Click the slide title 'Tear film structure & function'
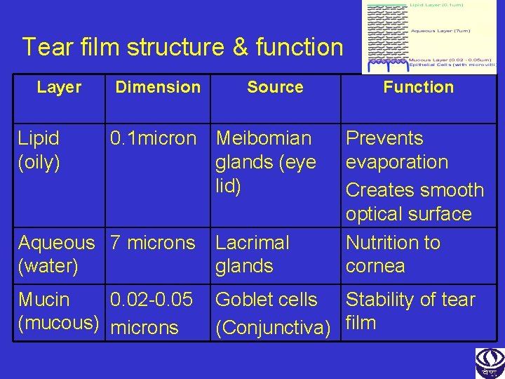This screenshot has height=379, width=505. [182, 48]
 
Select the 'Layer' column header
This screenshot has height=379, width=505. [59, 88]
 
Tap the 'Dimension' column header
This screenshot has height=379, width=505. [158, 88]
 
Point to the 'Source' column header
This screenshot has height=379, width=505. [275, 88]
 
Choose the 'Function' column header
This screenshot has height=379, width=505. [418, 88]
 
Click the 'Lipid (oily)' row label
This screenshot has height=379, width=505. [39, 150]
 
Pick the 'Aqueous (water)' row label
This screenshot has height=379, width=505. [57, 254]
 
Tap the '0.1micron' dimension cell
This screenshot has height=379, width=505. [154, 139]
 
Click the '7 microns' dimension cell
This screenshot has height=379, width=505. [153, 243]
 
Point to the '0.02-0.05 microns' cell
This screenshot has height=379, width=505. [151, 313]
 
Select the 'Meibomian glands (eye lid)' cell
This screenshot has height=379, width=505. [266, 162]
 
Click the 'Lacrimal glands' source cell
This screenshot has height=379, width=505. [252, 254]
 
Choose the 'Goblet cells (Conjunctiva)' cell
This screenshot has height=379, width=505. [273, 313]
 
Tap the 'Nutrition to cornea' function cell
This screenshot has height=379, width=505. [393, 254]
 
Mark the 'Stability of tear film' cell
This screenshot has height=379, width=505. [410, 310]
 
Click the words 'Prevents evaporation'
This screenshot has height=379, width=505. [397, 150]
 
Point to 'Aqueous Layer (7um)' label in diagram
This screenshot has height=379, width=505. [440, 31]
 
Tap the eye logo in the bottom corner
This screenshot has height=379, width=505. [490, 362]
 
